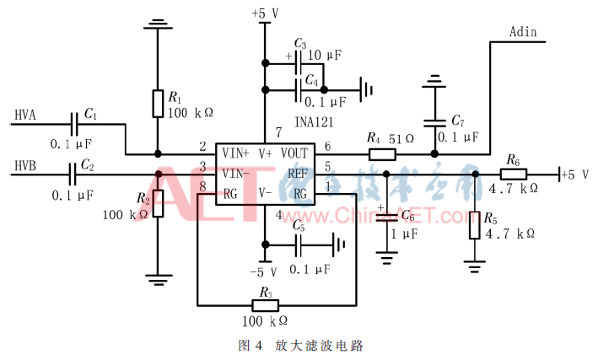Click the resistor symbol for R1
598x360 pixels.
(x=157, y=103)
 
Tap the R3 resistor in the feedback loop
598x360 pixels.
(x=266, y=304)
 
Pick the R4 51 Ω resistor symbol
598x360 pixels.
(x=382, y=154)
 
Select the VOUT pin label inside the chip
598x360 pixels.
(x=294, y=154)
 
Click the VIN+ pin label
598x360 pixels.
(x=234, y=154)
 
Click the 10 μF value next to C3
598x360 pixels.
(x=325, y=55)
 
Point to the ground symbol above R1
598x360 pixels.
(x=157, y=24)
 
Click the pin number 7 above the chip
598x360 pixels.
(x=277, y=132)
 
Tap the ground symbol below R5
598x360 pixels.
(x=475, y=267)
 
